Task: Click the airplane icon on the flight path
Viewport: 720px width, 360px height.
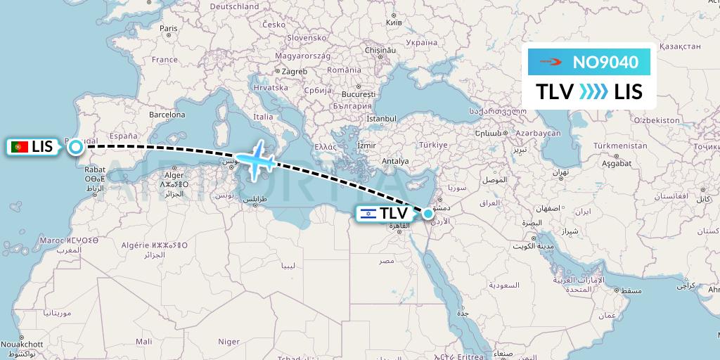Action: (x=256, y=158)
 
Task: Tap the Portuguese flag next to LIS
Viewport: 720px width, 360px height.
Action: (x=20, y=147)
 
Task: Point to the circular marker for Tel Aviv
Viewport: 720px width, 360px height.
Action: (x=427, y=213)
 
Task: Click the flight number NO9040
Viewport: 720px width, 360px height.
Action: (x=605, y=63)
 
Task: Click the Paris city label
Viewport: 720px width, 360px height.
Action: (x=168, y=29)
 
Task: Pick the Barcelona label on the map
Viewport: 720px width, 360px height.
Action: (x=167, y=115)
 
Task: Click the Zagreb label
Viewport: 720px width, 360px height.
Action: (x=295, y=71)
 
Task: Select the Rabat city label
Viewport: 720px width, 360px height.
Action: (x=95, y=169)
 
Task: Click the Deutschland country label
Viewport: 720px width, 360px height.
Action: (x=235, y=6)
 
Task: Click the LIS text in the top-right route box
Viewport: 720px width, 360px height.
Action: (x=628, y=91)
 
